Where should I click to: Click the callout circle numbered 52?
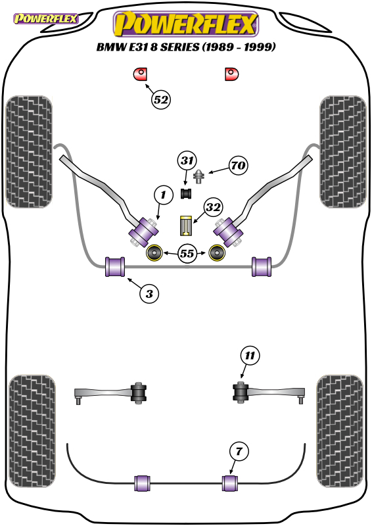click(161, 100)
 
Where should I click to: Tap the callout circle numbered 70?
click(239, 166)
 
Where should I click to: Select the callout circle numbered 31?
click(187, 160)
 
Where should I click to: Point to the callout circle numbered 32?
click(213, 207)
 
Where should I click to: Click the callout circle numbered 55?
click(187, 253)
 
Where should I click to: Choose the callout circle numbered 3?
click(149, 294)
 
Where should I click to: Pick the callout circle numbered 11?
click(250, 355)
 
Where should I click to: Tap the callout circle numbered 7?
click(239, 451)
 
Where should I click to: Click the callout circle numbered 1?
click(164, 195)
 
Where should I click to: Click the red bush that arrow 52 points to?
click(141, 74)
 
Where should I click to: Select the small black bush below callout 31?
click(186, 193)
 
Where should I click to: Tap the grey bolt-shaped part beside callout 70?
click(199, 176)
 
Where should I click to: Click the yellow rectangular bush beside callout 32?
click(186, 226)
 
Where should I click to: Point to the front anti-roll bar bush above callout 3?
click(115, 267)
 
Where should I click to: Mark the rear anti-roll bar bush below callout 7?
click(230, 483)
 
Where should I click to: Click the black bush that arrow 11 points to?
click(240, 391)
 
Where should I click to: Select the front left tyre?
click(29, 152)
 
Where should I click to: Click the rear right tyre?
click(339, 431)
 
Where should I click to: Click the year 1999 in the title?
click(260, 47)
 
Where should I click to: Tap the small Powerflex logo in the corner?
click(45, 18)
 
